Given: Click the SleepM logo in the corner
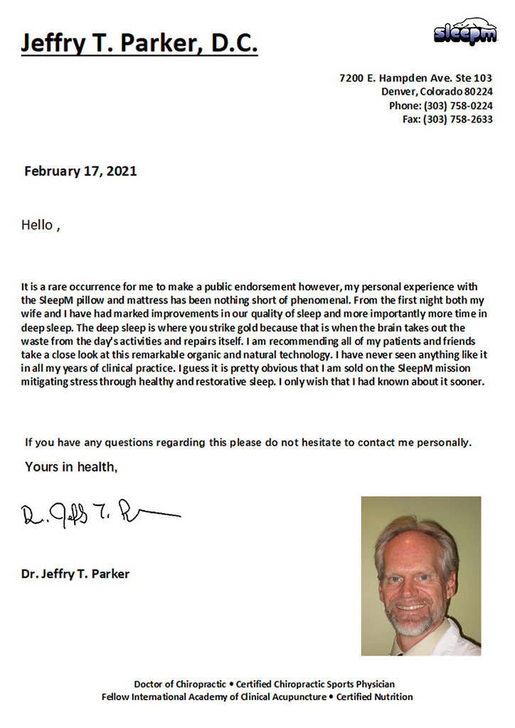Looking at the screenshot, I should (x=465, y=32).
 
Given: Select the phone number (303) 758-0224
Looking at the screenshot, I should (x=457, y=105).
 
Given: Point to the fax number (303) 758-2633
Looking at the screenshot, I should (x=457, y=119).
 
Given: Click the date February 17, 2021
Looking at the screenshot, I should (x=80, y=171).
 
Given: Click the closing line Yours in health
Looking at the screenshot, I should (x=71, y=467).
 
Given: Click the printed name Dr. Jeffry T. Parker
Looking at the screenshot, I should (x=75, y=574).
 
